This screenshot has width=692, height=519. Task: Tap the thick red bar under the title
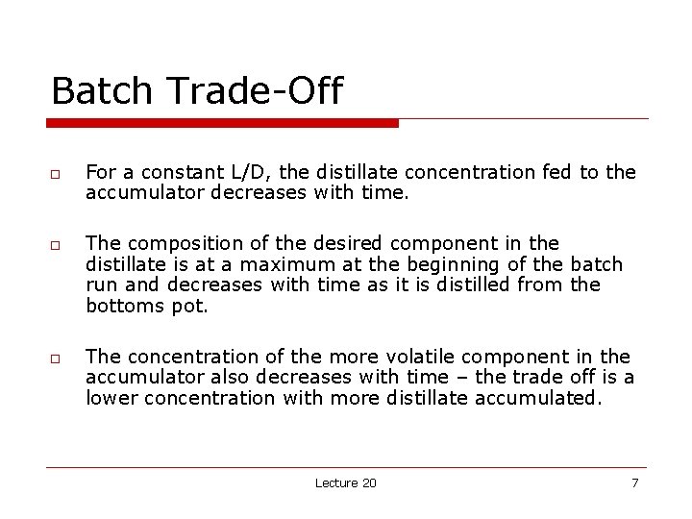223,123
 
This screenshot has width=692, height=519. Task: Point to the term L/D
240,172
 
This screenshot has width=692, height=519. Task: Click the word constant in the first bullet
182,172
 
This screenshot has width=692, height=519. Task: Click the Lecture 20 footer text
345,482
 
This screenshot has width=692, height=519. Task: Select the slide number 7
634,482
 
